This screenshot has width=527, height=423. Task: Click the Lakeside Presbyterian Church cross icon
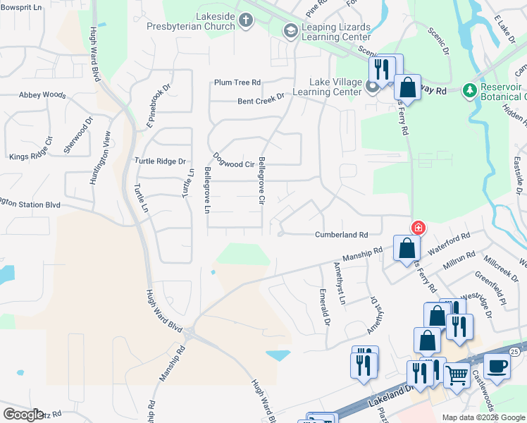click(246, 19)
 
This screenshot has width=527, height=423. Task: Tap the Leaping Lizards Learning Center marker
click(290, 31)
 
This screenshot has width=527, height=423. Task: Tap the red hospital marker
click(418, 227)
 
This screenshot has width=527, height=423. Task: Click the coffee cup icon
click(497, 366)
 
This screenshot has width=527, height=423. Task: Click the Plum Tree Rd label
click(238, 82)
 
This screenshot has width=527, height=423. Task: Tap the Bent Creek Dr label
click(261, 101)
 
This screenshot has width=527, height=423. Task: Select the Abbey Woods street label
click(42, 94)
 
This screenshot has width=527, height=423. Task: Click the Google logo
click(23, 414)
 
